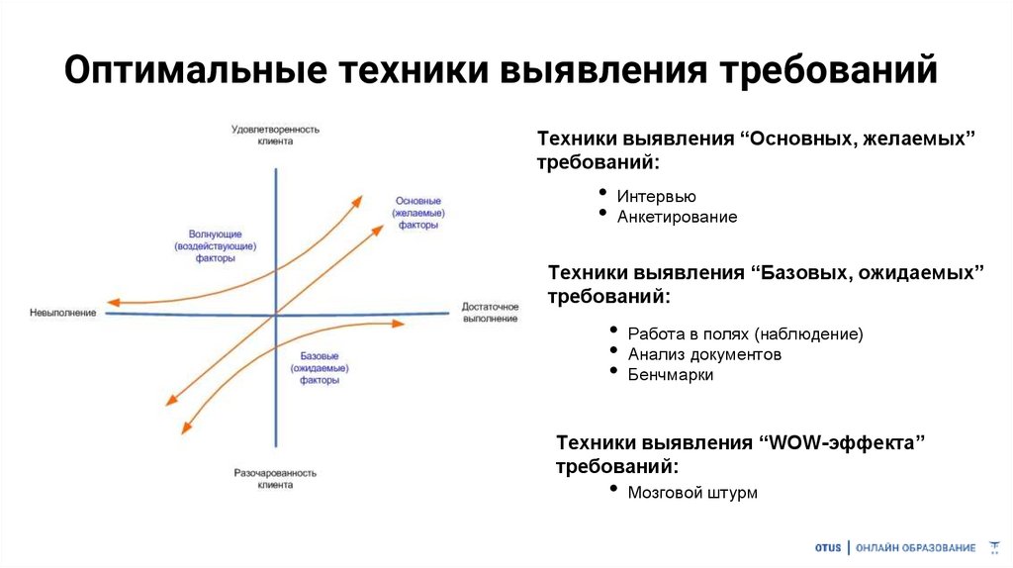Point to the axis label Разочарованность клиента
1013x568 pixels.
[x=274, y=479]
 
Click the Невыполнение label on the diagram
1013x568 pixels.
[x=63, y=313]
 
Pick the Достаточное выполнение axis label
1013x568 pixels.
[x=490, y=313]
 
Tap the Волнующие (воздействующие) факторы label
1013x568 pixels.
[x=215, y=245]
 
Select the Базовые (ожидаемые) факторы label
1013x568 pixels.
[x=319, y=367]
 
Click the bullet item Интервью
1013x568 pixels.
[x=656, y=196]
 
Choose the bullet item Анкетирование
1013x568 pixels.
[x=677, y=217]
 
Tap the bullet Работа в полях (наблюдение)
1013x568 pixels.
[x=745, y=333]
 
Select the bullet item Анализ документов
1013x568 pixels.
[x=704, y=354]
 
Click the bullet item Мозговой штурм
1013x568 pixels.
[x=691, y=492]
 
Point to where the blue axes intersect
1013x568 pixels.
[x=274, y=315]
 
